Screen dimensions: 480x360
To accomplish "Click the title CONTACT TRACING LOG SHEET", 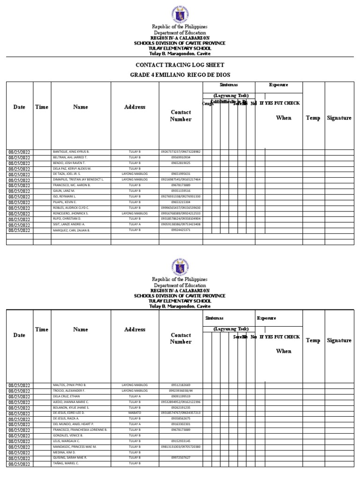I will coord(180,65).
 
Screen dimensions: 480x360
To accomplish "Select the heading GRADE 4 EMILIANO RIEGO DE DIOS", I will coord(180,75).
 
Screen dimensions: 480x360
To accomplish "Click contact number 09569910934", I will coord(180,157).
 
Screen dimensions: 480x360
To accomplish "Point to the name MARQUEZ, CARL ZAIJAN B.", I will coord(72,230).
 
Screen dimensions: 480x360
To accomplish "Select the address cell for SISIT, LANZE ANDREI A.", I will coord(135,225).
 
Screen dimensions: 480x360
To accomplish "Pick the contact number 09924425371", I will coord(180,230).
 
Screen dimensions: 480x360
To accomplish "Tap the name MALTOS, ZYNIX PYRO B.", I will coord(69,385).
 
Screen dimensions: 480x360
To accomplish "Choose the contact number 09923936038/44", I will coord(180,390).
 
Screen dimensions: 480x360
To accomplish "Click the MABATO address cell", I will coord(135,413).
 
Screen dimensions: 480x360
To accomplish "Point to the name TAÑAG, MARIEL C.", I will coord(66,463).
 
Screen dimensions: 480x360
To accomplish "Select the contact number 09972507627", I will coord(180,457).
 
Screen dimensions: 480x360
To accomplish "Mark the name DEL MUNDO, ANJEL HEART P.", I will coord(73,424).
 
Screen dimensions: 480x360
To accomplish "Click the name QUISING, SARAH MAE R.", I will coord(70,457).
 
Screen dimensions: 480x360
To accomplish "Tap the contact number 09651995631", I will coord(180,174).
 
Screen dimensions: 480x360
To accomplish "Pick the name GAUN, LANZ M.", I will coord(64,191).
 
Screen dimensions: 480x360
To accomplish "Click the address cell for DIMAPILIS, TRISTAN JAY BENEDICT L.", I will coord(135,180).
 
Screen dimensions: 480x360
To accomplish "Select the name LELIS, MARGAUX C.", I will coord(66,441).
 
